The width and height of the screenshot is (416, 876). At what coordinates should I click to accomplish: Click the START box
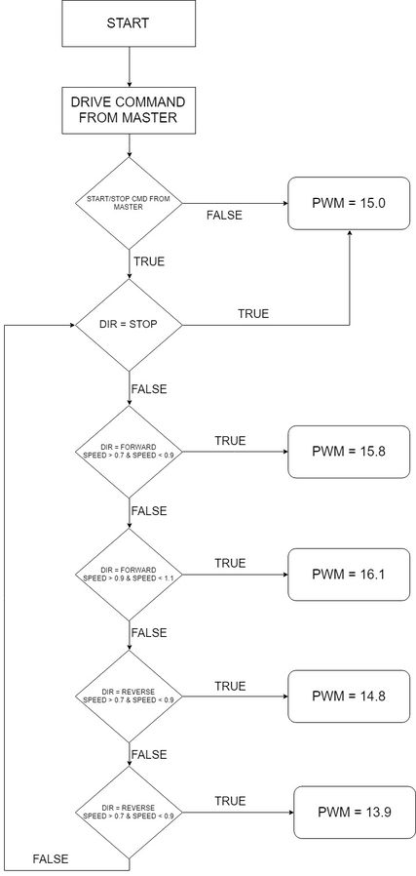click(129, 23)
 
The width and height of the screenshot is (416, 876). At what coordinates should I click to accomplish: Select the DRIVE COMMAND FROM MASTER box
click(129, 110)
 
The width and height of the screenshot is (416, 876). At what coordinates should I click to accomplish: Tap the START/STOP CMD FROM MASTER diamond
click(129, 203)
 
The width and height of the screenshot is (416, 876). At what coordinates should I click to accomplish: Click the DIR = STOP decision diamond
click(129, 325)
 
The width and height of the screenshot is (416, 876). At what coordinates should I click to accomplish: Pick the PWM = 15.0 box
click(349, 203)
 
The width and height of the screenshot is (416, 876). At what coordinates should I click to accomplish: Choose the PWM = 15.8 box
click(349, 452)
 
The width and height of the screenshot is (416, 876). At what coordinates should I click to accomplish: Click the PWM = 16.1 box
click(349, 575)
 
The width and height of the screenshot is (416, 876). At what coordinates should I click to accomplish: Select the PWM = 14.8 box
click(349, 697)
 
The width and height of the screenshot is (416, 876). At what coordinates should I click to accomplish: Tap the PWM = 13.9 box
click(355, 812)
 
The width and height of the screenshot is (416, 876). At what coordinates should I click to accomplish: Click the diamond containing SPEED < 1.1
click(129, 575)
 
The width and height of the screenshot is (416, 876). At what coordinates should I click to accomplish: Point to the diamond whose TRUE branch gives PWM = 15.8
click(129, 452)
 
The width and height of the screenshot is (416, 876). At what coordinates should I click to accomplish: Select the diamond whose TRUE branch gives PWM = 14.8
click(129, 697)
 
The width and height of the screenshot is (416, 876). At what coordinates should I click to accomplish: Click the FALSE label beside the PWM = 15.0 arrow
click(224, 216)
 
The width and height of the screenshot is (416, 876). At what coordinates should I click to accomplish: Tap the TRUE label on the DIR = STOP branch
click(253, 314)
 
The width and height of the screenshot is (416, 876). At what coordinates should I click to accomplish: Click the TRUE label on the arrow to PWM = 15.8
click(230, 441)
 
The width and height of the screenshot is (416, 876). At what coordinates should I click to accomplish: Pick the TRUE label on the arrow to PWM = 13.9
click(230, 801)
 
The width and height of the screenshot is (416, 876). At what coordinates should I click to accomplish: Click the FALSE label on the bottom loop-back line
click(51, 859)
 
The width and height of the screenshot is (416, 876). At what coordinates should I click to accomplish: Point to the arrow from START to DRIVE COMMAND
click(129, 67)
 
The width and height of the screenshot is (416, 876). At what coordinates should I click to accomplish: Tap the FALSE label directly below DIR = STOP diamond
click(149, 389)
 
